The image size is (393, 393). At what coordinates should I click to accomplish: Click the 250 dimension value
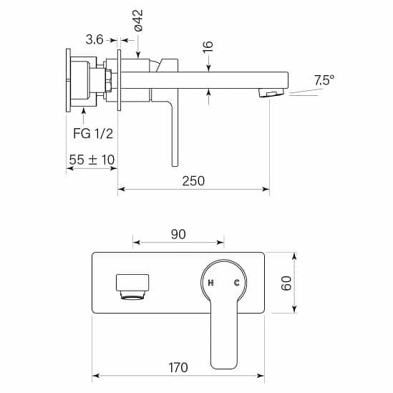(x=193, y=180)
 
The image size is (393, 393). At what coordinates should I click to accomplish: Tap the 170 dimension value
(x=178, y=367)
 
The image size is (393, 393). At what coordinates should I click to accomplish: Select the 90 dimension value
(x=178, y=234)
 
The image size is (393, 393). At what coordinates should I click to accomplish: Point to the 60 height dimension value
(x=286, y=283)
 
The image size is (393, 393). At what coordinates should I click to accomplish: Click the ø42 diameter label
(x=138, y=20)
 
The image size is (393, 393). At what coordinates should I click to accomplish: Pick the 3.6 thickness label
(x=94, y=39)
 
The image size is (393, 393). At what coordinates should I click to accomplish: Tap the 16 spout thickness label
(x=208, y=47)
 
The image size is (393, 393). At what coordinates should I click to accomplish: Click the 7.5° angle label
(x=324, y=80)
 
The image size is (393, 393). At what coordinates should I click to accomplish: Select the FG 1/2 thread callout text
(x=93, y=133)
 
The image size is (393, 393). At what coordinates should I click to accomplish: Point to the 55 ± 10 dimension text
(x=92, y=160)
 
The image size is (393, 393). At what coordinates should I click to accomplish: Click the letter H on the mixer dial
(x=211, y=283)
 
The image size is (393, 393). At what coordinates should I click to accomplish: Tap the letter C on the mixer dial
(x=237, y=283)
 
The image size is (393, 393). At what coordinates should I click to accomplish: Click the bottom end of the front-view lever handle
(x=224, y=369)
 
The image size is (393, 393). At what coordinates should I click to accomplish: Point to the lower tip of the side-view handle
(x=175, y=166)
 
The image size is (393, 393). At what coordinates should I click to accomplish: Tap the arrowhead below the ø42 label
(x=138, y=54)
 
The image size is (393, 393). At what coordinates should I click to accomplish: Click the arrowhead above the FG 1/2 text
(x=84, y=110)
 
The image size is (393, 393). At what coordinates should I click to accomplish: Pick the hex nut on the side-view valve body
(x=109, y=80)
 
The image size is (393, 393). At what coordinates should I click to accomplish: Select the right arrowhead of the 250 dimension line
(x=266, y=189)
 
